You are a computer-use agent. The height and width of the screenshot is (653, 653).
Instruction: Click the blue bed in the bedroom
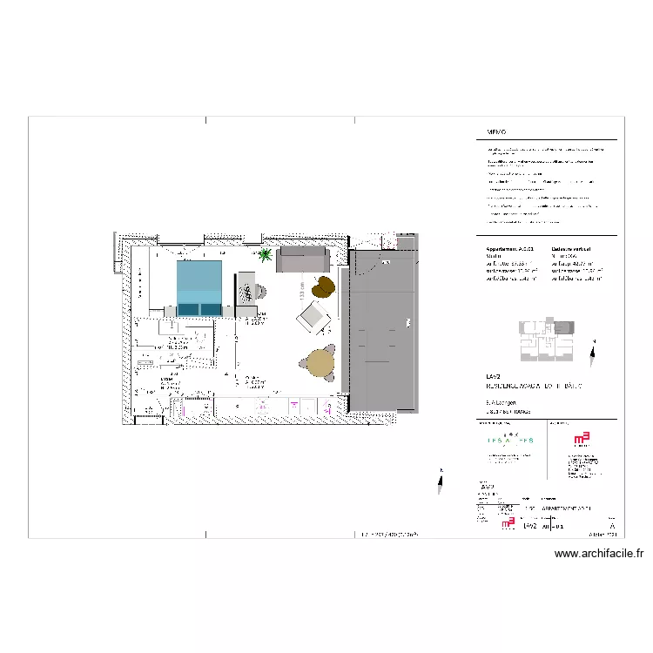[x=199, y=287]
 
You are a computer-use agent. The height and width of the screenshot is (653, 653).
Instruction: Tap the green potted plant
[x=265, y=255]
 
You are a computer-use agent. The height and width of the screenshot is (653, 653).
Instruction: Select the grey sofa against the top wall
[x=302, y=259]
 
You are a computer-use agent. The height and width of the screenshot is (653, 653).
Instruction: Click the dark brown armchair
[x=325, y=286]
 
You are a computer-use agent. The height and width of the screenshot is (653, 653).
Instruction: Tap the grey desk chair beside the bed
[x=259, y=292]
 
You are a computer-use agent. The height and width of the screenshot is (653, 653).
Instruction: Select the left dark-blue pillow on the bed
[x=189, y=309]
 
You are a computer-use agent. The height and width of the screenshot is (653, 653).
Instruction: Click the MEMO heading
[x=496, y=133]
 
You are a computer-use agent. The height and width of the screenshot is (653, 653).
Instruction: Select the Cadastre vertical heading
[x=573, y=248]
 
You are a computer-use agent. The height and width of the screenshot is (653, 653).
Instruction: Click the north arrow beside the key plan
[x=594, y=353]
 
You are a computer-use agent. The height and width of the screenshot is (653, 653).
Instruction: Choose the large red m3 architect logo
[x=581, y=441]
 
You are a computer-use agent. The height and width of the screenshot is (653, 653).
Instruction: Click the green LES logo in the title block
[x=510, y=441]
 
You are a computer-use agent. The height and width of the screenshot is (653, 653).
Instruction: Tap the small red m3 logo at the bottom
[x=508, y=525]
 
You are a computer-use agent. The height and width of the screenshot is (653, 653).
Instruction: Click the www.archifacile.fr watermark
[x=598, y=553]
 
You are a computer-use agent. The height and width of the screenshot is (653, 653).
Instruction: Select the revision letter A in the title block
[x=613, y=527]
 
